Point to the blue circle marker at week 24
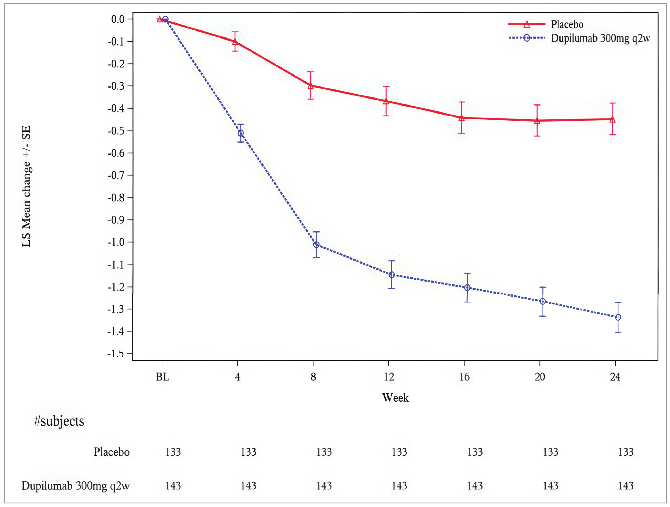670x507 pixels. [x=618, y=317]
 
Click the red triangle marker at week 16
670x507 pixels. [x=462, y=118]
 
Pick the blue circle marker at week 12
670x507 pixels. [x=392, y=275]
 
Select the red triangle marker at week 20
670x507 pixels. [x=537, y=121]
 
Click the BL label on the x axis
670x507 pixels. [x=162, y=377]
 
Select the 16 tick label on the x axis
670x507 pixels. [x=464, y=377]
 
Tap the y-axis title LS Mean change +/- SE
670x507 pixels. [x=26, y=186]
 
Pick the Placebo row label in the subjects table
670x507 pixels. [x=111, y=452]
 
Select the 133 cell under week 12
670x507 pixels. [x=399, y=452]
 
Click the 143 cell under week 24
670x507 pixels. [x=626, y=486]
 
